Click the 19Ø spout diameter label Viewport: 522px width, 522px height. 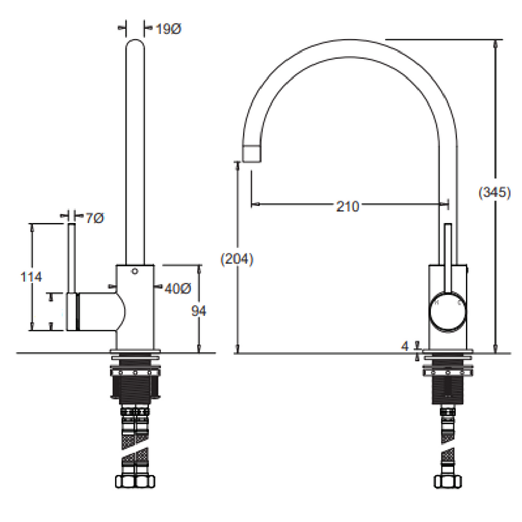click(x=168, y=29)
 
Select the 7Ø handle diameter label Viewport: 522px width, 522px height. click(x=94, y=218)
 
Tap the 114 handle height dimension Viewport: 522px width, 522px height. click(x=32, y=277)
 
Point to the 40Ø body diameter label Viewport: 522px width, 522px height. click(x=177, y=289)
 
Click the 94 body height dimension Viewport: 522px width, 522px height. click(x=199, y=310)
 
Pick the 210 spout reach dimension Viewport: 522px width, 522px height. click(x=348, y=206)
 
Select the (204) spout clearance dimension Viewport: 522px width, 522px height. click(x=237, y=259)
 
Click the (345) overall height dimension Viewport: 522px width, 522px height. click(x=494, y=192)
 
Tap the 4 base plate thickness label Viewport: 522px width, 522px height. click(x=405, y=346)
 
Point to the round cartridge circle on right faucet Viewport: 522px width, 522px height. click(x=448, y=311)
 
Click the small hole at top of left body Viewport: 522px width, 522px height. click(x=135, y=271)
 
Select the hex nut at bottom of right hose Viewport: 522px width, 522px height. click(x=448, y=481)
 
